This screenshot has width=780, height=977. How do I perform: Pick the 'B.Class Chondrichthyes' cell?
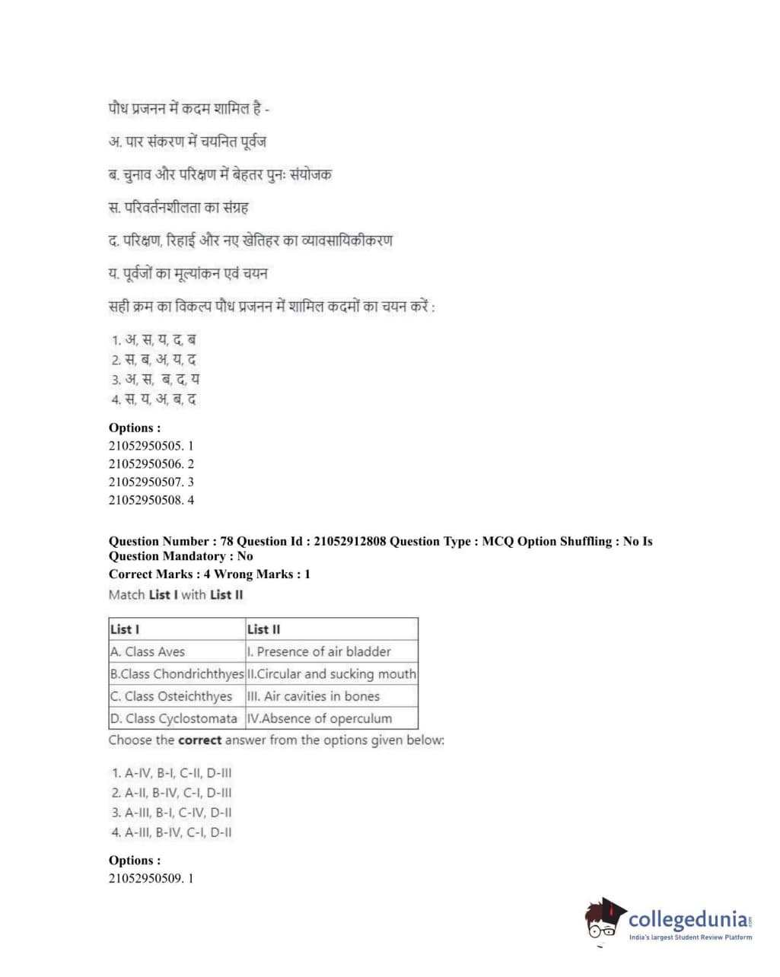point(177,673)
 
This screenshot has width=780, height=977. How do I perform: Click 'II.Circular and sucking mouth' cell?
point(332,673)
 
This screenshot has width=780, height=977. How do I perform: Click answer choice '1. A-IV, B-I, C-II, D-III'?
point(172,772)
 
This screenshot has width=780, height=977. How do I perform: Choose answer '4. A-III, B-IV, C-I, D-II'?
point(172,832)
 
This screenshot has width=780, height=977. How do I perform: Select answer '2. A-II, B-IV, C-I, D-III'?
point(172,792)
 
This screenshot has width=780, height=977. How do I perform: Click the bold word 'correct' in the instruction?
point(199,740)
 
